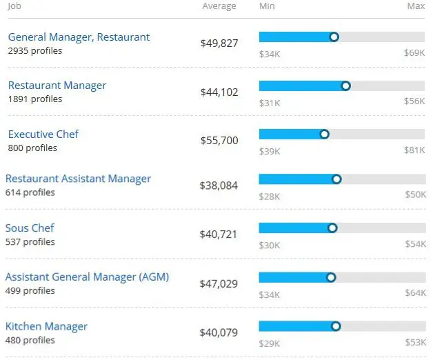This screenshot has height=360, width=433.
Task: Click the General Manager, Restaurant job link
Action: tap(79, 37)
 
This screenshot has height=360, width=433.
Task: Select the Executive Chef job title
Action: tap(43, 134)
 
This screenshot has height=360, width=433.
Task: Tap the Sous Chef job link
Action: tap(30, 228)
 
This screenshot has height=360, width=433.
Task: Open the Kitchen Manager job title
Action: tap(47, 326)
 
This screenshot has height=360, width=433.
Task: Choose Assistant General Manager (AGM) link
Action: tap(87, 277)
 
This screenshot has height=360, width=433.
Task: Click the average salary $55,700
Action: tap(219, 141)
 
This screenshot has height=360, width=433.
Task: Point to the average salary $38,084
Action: tap(219, 186)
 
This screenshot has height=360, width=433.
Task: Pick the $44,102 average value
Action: tap(219, 92)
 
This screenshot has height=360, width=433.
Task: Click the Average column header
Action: tap(219, 6)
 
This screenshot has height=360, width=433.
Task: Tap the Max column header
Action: tap(416, 6)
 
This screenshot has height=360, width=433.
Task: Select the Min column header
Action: tap(267, 6)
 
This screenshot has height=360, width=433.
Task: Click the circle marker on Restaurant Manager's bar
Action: tap(346, 86)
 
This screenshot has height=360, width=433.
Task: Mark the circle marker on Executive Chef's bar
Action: tap(325, 134)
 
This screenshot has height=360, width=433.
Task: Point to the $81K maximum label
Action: tap(414, 152)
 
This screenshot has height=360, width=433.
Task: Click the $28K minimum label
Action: tap(270, 197)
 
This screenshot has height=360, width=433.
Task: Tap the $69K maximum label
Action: tap(414, 52)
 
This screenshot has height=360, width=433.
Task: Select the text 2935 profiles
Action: tap(35, 50)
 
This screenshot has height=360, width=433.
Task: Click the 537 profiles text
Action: tap(30, 242)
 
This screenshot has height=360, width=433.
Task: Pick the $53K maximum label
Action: tap(414, 343)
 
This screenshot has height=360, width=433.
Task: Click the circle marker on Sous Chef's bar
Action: tap(333, 228)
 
